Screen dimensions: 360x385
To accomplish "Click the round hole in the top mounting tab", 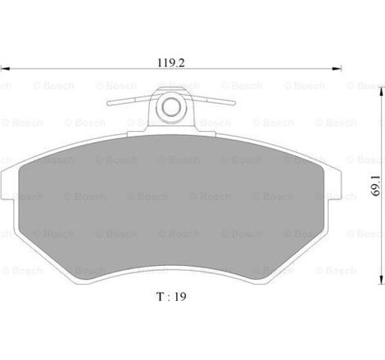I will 170,106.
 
